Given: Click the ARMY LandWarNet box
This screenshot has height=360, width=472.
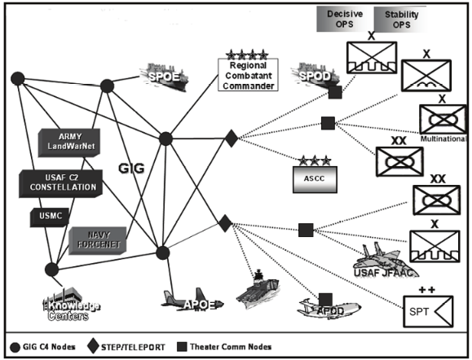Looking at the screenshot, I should tap(74, 140).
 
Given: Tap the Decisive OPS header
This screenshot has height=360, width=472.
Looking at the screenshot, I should tap(345, 19).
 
